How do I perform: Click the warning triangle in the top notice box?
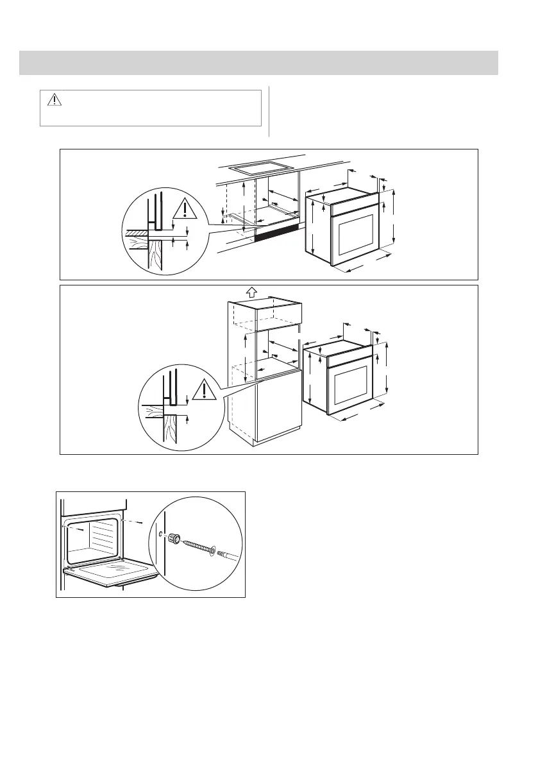click(x=53, y=100)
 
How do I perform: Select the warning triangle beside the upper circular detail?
click(x=185, y=210)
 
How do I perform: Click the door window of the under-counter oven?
click(x=355, y=233)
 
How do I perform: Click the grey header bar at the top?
click(x=259, y=63)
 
